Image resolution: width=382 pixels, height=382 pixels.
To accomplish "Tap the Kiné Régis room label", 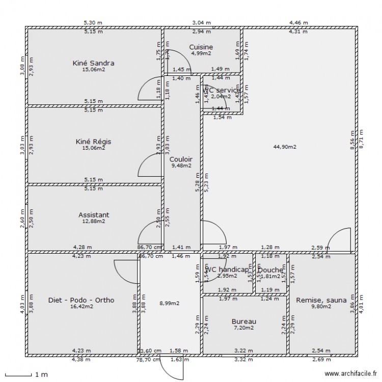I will click(x=93, y=141).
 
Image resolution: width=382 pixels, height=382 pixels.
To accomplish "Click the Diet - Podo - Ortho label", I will click(x=81, y=300).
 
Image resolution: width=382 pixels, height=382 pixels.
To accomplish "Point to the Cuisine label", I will click(x=201, y=47).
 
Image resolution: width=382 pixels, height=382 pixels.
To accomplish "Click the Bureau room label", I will click(x=243, y=321).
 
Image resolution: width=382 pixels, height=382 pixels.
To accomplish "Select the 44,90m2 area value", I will click(x=285, y=147).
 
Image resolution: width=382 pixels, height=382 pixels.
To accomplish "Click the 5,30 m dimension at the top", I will click(x=93, y=23).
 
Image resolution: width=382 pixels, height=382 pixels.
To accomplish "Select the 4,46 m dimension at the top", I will click(x=298, y=23).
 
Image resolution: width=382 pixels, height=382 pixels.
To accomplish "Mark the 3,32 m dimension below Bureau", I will click(x=243, y=359).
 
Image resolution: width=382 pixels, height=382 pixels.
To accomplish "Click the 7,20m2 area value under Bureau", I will click(x=243, y=329).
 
